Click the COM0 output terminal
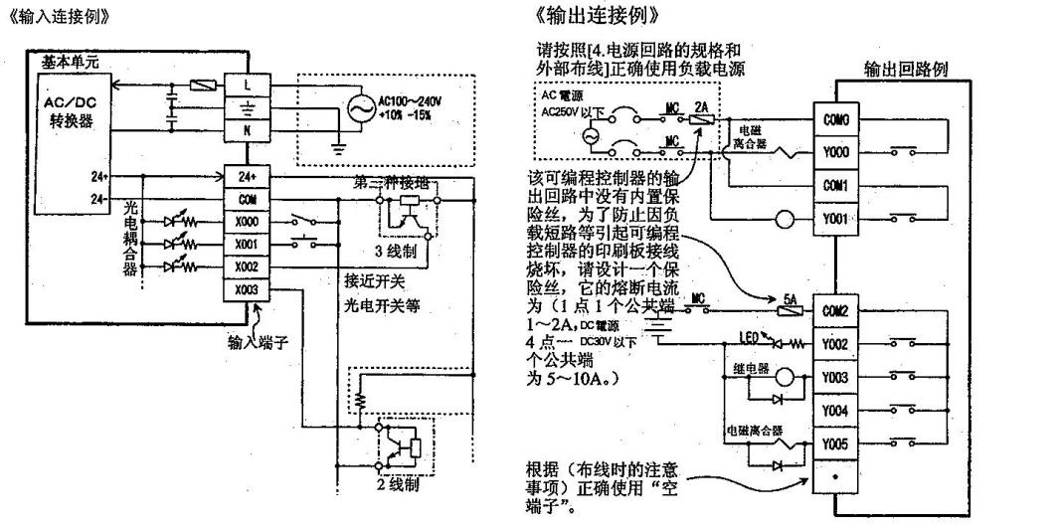(836, 120)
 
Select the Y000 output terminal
(836, 152)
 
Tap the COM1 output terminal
(836, 185)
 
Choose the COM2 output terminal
(836, 309)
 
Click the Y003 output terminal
(836, 378)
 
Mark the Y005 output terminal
(836, 444)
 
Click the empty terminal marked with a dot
(836, 479)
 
